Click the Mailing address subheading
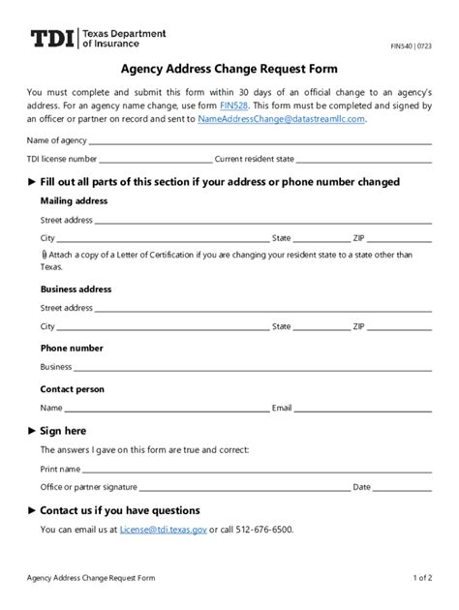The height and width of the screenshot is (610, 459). point(74,201)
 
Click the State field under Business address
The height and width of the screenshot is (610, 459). point(321,328)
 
